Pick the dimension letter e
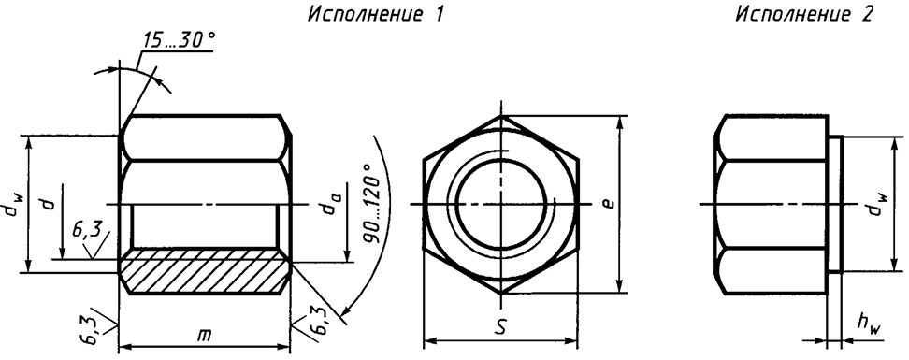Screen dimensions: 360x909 pyautogui.click(x=608, y=203)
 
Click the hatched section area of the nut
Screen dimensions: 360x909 pyautogui.click(x=204, y=271)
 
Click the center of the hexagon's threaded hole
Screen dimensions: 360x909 pyautogui.click(x=502, y=203)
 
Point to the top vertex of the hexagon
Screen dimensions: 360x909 pyautogui.click(x=502, y=117)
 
